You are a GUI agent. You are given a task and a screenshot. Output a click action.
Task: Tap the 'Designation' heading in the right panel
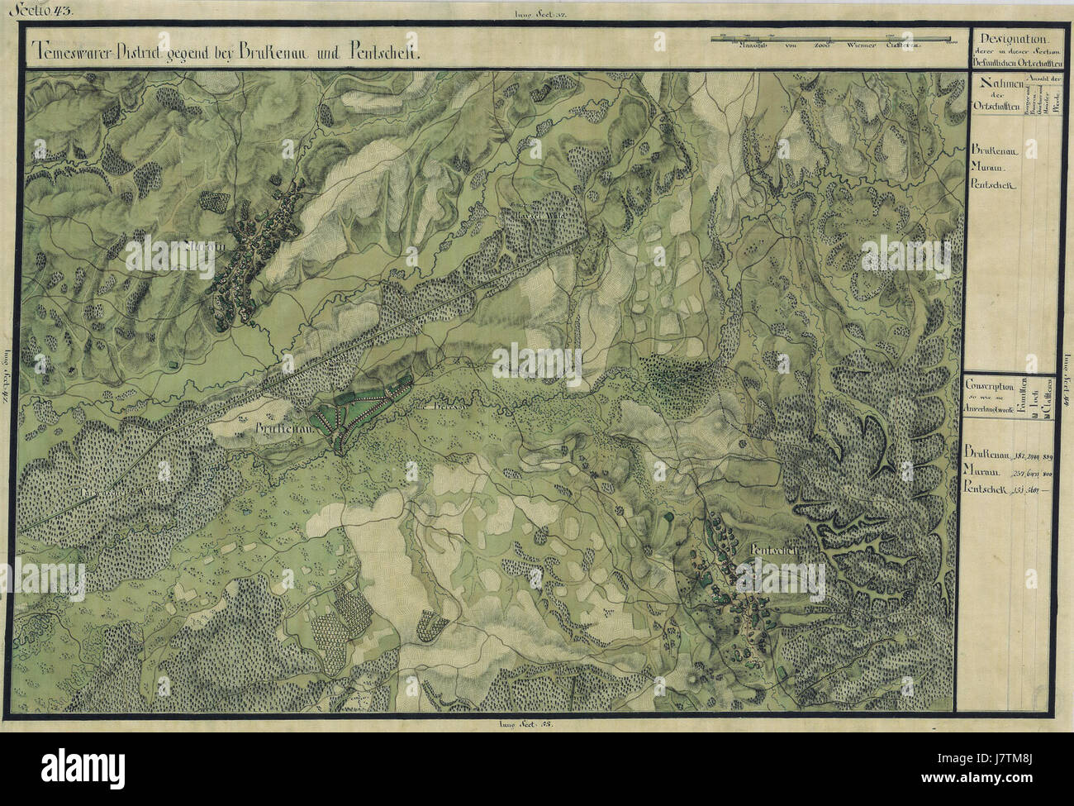[1014, 40]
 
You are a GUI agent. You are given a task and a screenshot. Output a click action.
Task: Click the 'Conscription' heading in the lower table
[991, 385]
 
